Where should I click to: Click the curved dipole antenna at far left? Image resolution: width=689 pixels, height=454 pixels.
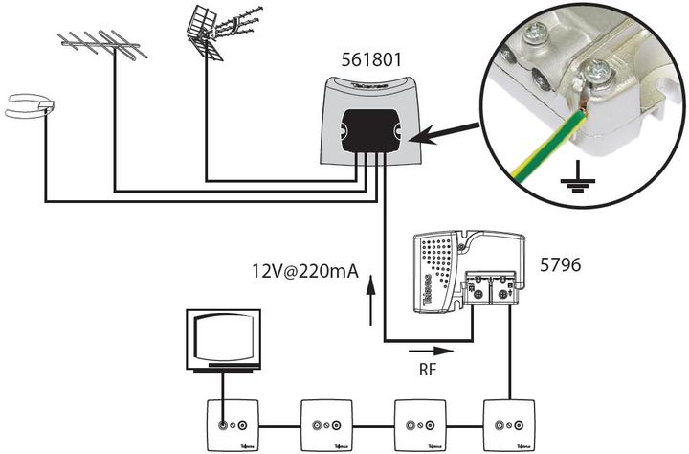tap(28, 106)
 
